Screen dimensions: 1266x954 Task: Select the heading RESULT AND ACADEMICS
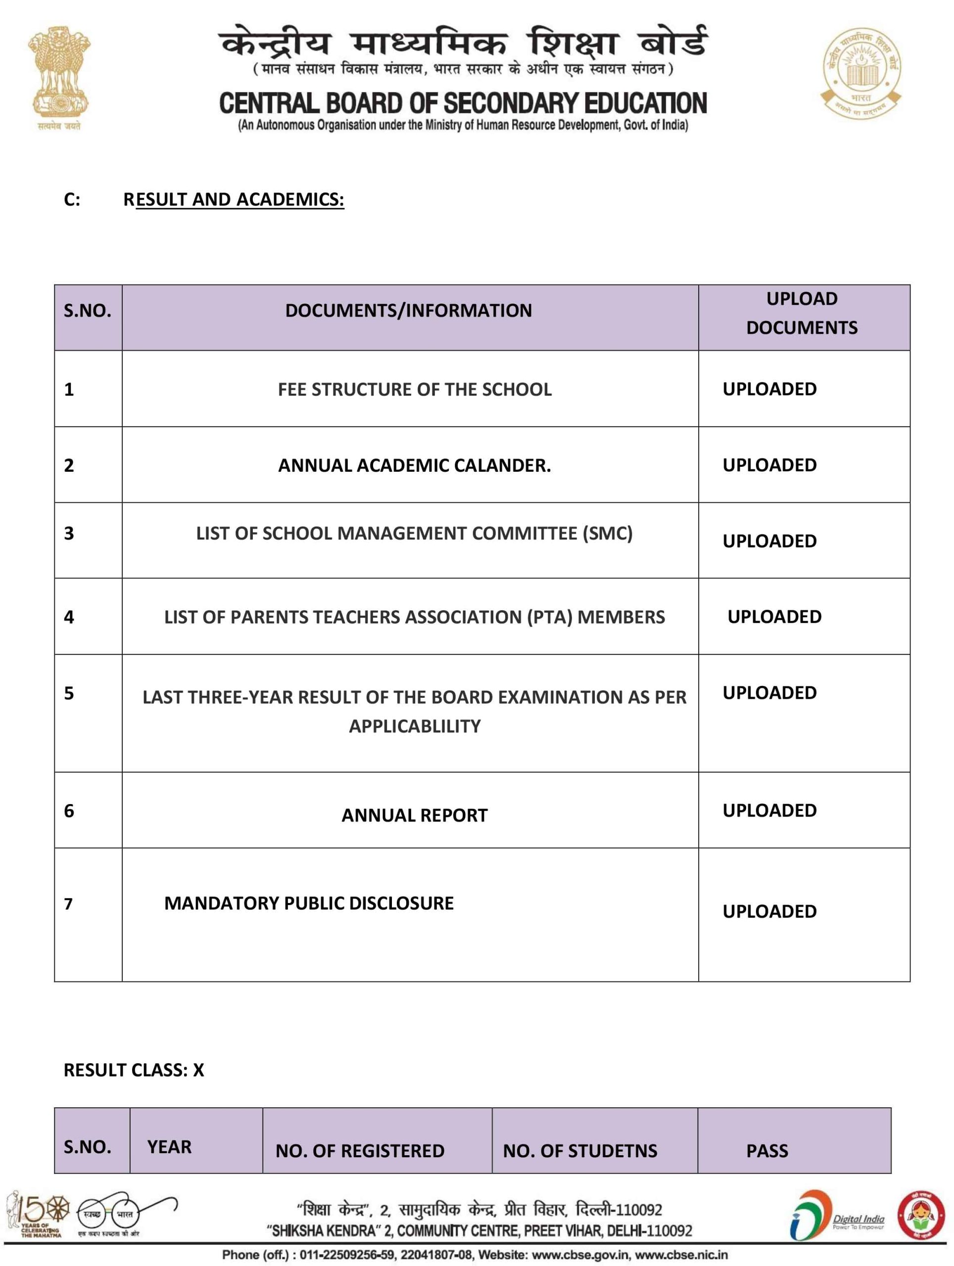(234, 199)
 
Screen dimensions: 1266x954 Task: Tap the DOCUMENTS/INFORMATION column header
(408, 311)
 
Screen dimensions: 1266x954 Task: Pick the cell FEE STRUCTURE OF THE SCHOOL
(415, 390)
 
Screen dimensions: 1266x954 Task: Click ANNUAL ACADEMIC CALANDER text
(415, 466)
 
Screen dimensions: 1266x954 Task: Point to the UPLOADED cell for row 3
(769, 542)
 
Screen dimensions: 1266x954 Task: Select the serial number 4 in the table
(69, 617)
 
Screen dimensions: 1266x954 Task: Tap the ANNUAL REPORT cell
(415, 815)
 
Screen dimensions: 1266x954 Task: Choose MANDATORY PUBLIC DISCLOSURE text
(309, 904)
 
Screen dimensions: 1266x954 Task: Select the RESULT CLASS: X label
(134, 1070)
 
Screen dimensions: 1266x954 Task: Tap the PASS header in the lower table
(767, 1151)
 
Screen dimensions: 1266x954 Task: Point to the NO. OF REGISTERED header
(360, 1151)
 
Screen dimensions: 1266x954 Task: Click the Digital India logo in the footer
(837, 1221)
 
